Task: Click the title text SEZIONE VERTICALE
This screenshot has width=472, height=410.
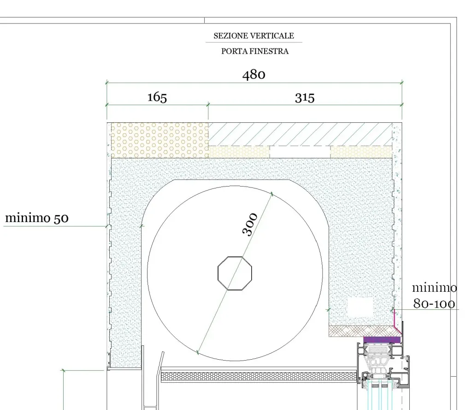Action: (x=254, y=36)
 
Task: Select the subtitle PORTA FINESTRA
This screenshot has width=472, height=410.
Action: (x=254, y=52)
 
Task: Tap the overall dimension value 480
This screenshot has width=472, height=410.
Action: (x=254, y=75)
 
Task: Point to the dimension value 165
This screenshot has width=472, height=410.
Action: (x=157, y=97)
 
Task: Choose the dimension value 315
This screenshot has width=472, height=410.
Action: (x=305, y=98)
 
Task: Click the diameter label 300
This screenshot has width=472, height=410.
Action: (x=250, y=224)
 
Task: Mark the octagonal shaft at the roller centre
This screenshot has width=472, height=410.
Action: (x=235, y=273)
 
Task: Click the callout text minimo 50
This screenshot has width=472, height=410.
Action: (x=37, y=218)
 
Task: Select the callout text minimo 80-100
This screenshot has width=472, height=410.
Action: (x=434, y=295)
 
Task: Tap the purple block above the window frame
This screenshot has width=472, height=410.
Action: (x=382, y=340)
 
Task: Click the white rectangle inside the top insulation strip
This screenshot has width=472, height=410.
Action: (x=300, y=151)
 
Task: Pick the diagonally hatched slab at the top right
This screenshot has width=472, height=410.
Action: (x=300, y=134)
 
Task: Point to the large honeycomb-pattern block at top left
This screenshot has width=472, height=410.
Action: (x=159, y=140)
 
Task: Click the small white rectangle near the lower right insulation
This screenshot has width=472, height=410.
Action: (x=360, y=307)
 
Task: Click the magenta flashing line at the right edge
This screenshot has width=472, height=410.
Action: (x=397, y=321)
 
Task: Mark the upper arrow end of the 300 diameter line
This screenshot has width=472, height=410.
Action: (x=272, y=194)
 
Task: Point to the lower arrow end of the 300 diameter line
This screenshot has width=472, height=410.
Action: (x=198, y=352)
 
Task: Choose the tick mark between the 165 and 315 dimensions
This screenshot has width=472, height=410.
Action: (x=208, y=105)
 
